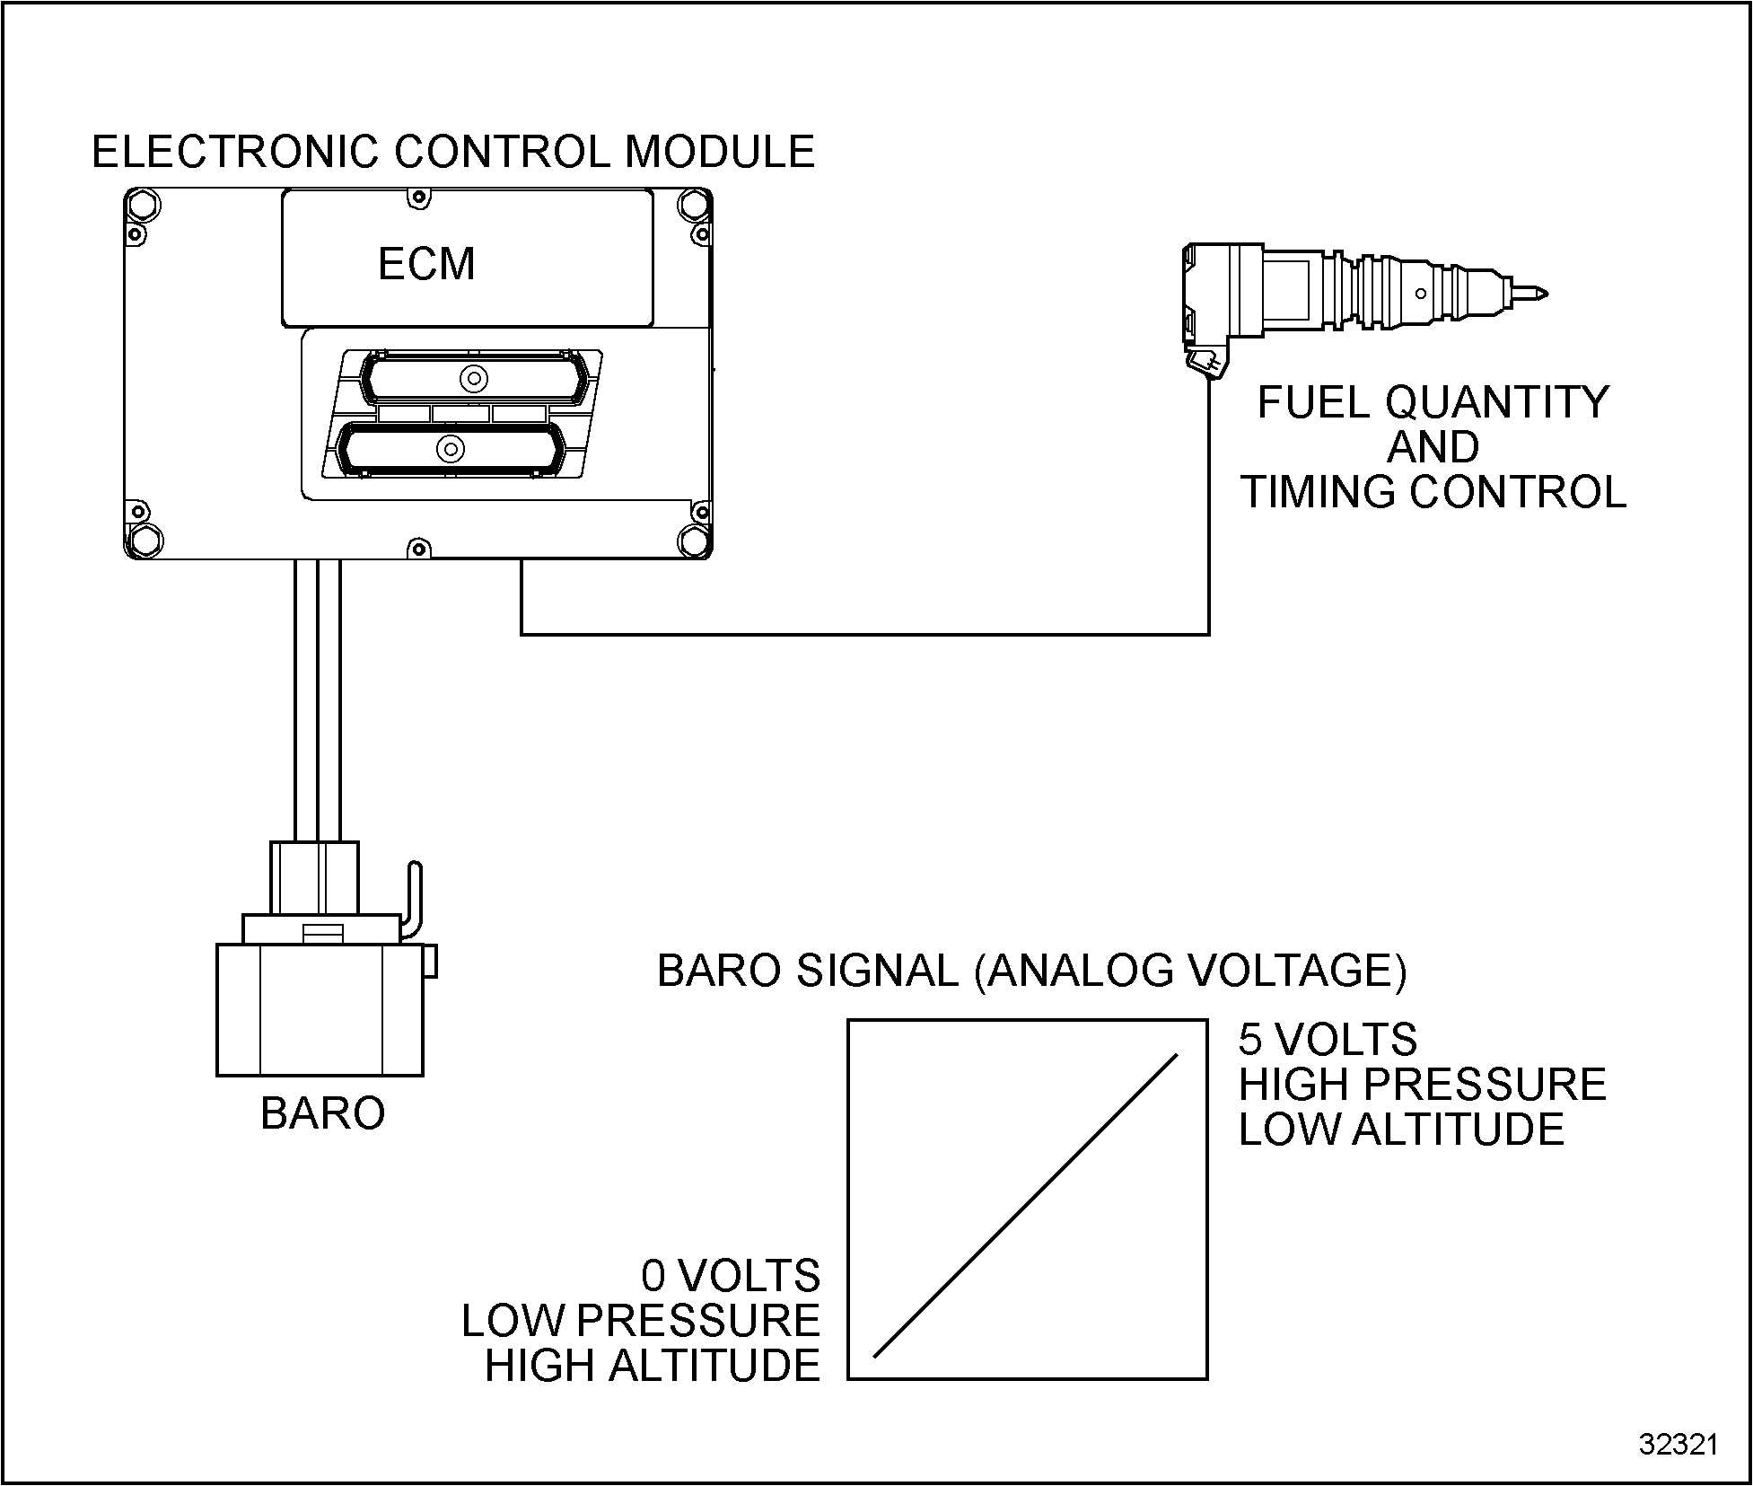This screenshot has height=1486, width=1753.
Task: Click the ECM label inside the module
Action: coord(426,264)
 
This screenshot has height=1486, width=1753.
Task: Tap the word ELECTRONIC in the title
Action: coord(234,152)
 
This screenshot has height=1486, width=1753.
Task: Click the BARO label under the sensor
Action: coord(322,1113)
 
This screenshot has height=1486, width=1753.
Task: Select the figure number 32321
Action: coord(1678,1445)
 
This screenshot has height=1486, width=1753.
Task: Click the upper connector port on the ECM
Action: coord(473,378)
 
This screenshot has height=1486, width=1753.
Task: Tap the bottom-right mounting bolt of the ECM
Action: coord(694,541)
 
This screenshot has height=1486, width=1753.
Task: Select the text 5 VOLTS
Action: coord(1328,1040)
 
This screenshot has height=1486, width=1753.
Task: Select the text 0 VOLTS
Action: coord(731,1276)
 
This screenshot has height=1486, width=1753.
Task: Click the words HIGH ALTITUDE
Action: coord(653,1366)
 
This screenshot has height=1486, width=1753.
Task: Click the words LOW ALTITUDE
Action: coord(1401,1130)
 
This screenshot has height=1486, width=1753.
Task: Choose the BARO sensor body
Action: coord(320,1009)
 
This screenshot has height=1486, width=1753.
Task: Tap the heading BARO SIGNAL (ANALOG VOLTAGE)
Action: coord(1031,972)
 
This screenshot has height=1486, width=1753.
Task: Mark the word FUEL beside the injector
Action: coord(1313,402)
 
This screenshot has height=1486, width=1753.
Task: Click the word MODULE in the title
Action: coord(720,152)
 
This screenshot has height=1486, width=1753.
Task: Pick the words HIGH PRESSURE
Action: coord(1422,1085)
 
